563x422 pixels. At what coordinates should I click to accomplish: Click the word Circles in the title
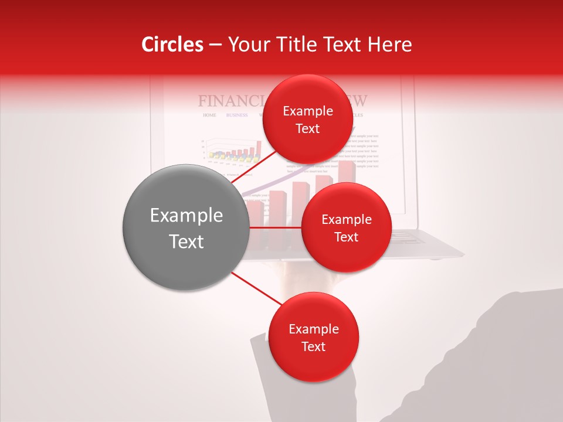[172, 45]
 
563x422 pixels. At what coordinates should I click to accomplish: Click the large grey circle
[186, 227]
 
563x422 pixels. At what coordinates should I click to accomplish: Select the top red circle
[307, 120]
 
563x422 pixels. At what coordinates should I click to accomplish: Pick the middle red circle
[346, 227]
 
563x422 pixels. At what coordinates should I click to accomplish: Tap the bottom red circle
[313, 338]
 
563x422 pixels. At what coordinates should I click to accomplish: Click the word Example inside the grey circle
[186, 216]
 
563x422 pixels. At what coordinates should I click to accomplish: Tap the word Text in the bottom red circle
[313, 346]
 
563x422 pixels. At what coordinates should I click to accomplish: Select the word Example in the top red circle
[307, 111]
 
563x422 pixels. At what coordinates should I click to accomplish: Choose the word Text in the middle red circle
[346, 237]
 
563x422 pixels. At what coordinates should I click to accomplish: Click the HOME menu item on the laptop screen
[209, 115]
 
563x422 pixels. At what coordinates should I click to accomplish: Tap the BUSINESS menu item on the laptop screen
[237, 115]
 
